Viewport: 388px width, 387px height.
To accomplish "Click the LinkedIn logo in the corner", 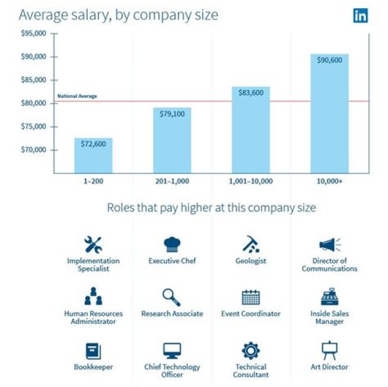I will [x=361, y=15].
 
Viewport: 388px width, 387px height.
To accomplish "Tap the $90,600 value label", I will [x=330, y=60].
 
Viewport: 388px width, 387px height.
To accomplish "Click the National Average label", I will [x=77, y=96].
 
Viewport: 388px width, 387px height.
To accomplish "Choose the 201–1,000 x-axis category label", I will [x=172, y=181].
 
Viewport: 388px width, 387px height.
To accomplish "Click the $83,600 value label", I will [x=251, y=93].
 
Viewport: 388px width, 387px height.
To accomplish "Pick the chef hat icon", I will [x=172, y=245].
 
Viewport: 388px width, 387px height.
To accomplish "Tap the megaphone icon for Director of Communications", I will [x=329, y=245].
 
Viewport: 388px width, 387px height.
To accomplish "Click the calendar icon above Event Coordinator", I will [x=251, y=297].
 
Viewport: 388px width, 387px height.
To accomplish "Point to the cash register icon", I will [x=329, y=297].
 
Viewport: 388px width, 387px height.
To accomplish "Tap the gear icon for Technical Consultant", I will [x=251, y=351].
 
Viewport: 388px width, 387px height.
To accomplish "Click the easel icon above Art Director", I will [x=329, y=350].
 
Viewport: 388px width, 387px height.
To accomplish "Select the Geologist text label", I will [x=251, y=261].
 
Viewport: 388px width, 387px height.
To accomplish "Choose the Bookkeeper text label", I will [x=93, y=367].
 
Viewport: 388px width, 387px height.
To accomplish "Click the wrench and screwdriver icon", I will [x=93, y=245].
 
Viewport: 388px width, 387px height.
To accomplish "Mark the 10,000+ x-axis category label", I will [x=330, y=181].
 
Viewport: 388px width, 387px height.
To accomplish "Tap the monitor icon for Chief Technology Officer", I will [x=172, y=350].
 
